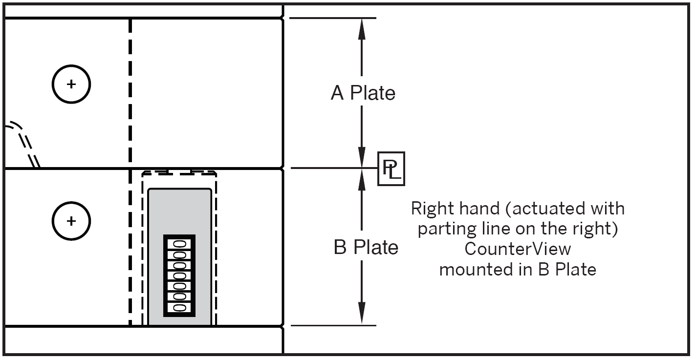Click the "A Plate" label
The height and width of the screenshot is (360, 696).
point(363,93)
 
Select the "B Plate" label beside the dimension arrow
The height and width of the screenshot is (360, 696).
point(366,248)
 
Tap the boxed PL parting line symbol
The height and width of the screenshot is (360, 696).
point(391,169)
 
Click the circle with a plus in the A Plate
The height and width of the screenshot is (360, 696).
point(71,85)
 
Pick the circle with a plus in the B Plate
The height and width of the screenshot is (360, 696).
point(71,221)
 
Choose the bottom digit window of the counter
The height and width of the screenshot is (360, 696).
point(179,308)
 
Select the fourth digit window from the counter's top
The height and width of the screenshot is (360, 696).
point(179,275)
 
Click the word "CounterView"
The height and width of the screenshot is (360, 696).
point(517,249)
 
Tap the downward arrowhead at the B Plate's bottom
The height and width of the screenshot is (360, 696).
point(362,314)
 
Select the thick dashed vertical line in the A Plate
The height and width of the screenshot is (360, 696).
point(130,93)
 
